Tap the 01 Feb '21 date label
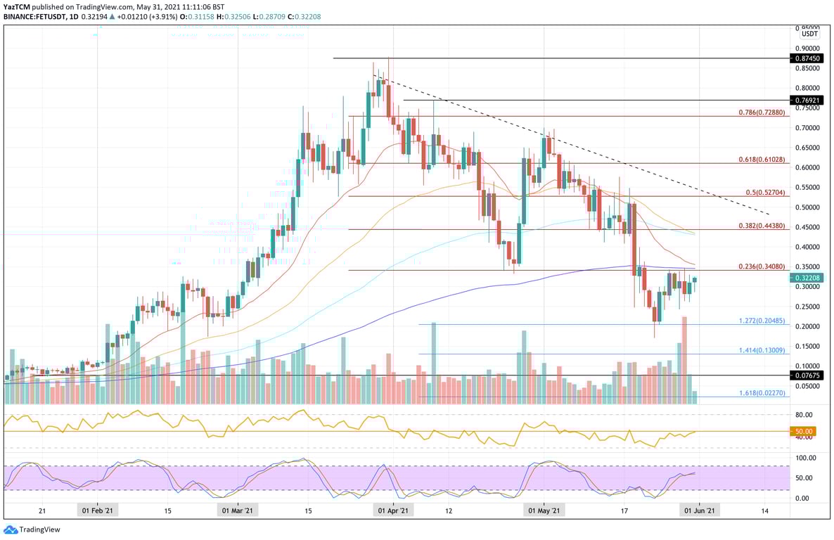[98, 511]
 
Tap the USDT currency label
[810, 34]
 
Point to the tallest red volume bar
[684, 359]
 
